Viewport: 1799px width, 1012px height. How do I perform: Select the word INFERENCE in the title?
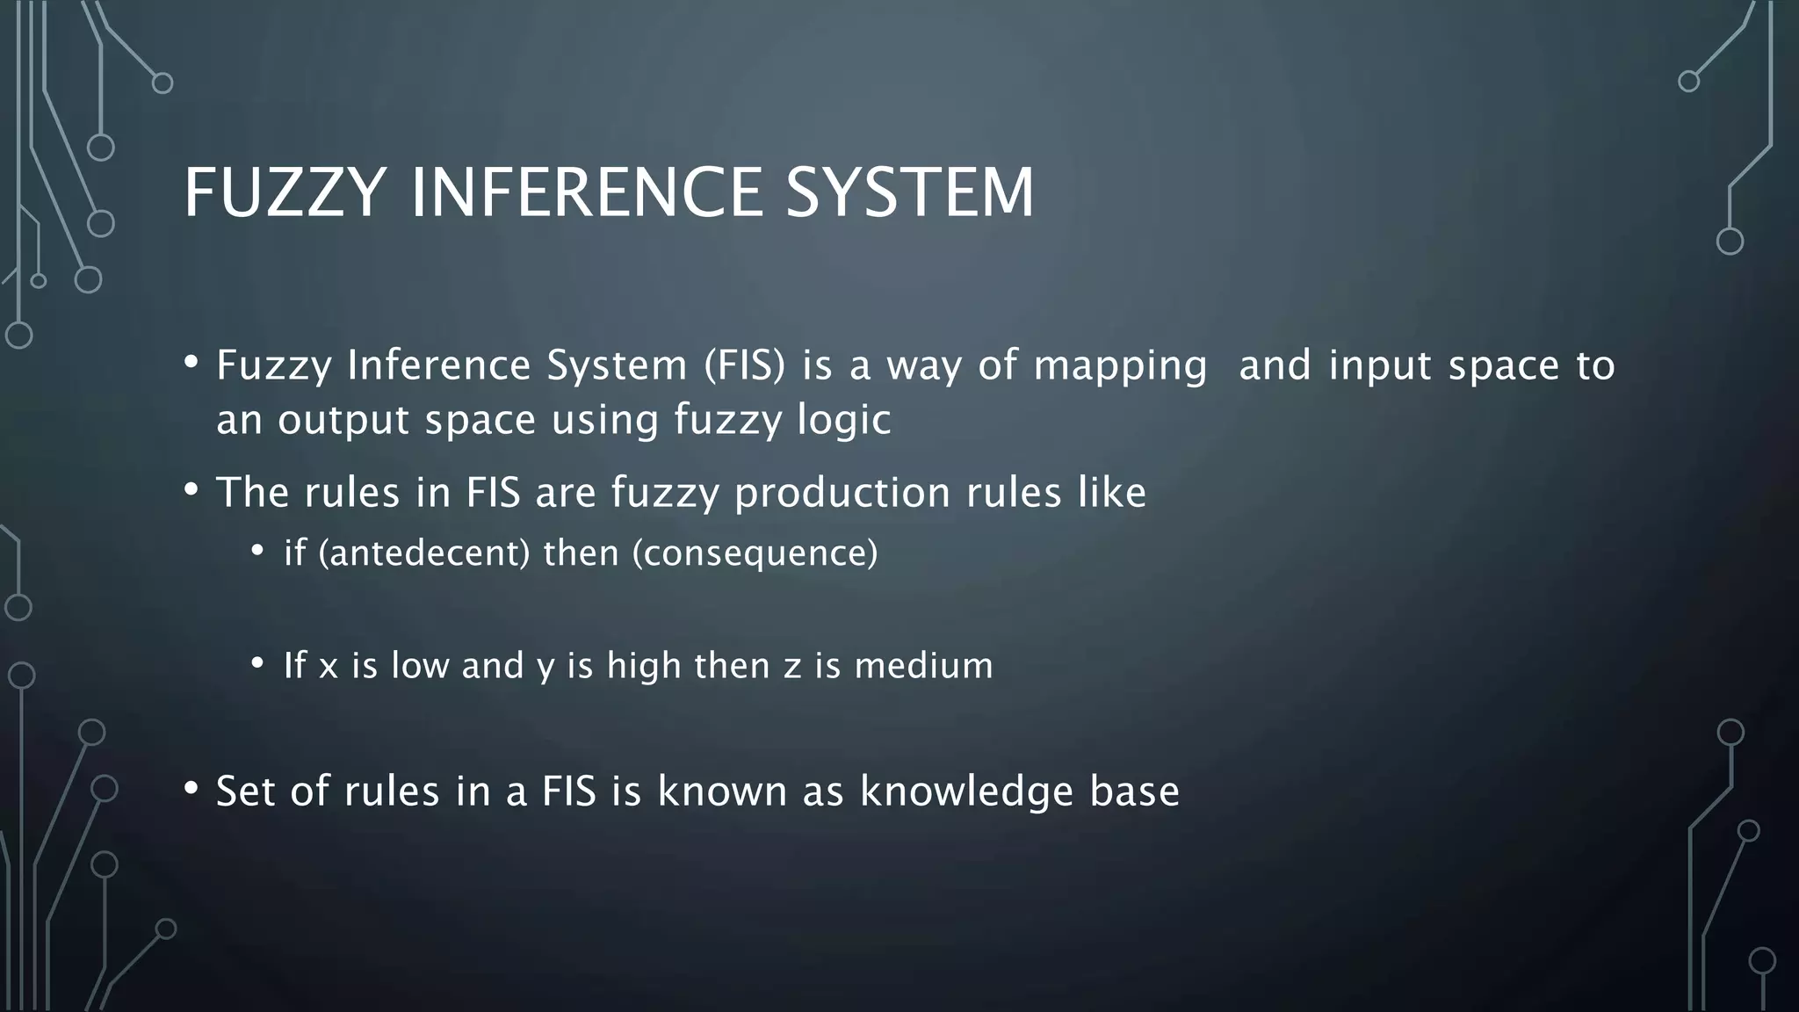587,192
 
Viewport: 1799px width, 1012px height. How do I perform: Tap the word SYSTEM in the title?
910,192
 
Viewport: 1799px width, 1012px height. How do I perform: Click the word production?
842,493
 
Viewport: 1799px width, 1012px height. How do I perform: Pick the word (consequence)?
755,553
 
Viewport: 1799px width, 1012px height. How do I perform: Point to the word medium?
923,665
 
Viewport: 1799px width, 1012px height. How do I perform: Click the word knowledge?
966,792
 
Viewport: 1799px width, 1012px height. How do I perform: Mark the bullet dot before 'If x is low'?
256,662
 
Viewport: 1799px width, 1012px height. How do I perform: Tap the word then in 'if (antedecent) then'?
581,553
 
